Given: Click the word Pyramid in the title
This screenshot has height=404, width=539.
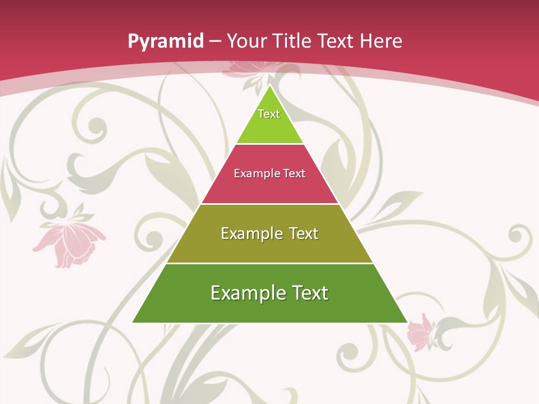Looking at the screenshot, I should click(x=165, y=42).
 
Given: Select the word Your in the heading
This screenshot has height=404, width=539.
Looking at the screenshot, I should click(x=246, y=41).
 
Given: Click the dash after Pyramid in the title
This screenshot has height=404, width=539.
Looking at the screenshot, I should click(x=215, y=42).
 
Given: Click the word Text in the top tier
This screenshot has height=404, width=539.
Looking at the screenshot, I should click(x=269, y=114).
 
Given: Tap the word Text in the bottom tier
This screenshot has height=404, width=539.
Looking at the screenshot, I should click(x=308, y=293).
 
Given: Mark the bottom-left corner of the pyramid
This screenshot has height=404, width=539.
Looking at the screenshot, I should click(x=133, y=322).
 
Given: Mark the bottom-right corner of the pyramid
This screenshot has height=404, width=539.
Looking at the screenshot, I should click(x=407, y=322).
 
